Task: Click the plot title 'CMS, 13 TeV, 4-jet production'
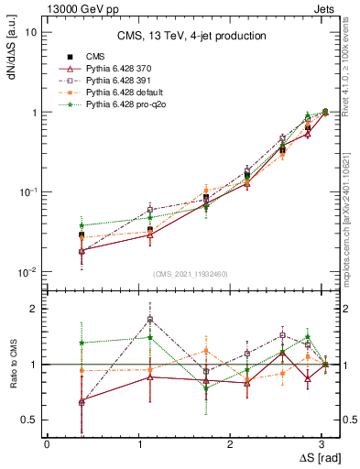(x=191, y=36)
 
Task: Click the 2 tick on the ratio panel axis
(x=35, y=309)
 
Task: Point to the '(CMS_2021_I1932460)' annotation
(x=191, y=274)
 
